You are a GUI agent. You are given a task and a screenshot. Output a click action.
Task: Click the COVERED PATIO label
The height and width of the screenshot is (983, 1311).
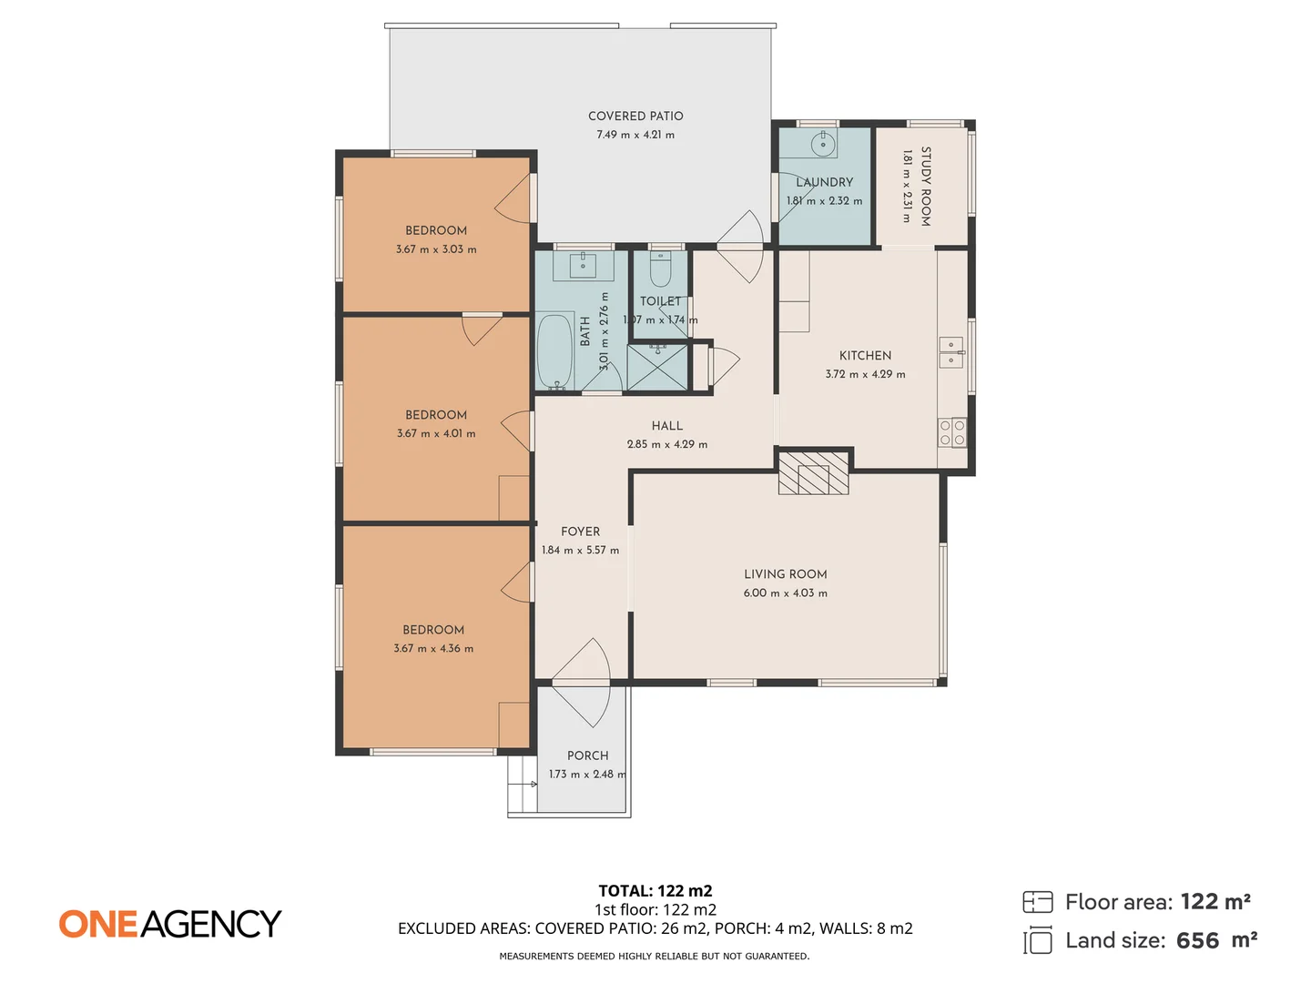coord(635,116)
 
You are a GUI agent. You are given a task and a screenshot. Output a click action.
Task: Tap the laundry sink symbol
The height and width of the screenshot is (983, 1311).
coord(823,143)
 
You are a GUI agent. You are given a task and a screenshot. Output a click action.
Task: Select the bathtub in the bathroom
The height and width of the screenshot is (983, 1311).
coord(554,351)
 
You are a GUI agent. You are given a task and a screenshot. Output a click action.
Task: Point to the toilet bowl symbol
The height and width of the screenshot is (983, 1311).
coord(660,269)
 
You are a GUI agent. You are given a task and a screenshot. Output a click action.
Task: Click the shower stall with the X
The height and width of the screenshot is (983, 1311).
coord(657,367)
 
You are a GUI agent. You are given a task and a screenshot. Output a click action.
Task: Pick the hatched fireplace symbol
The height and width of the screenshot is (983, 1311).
coord(813,472)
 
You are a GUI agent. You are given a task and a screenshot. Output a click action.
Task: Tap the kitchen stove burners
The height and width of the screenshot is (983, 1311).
coord(952,432)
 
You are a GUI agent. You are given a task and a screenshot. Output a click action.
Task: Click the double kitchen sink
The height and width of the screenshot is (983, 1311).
coord(950,352)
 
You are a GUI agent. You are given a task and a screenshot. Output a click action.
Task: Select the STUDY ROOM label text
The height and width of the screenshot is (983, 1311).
coord(926,187)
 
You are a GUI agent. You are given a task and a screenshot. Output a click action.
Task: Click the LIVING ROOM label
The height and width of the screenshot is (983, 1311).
coord(786,574)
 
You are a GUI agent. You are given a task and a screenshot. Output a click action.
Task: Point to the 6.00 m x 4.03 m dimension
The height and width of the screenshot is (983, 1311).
coord(786,593)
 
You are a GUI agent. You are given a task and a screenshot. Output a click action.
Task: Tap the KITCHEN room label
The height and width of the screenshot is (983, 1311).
coord(866,356)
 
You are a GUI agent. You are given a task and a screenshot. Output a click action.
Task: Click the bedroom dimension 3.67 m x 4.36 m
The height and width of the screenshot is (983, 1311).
coord(433,649)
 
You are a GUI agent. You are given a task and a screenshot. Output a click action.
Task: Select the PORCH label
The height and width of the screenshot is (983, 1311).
coord(588,755)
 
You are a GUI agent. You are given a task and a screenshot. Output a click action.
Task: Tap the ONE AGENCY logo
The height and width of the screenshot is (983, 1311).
coord(170,924)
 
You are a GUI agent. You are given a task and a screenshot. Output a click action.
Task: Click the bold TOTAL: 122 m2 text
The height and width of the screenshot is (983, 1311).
coord(655,891)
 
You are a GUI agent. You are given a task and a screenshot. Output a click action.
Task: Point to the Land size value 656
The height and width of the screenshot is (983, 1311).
coord(1197,941)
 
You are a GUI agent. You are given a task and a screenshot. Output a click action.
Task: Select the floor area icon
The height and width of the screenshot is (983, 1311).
coord(1038,902)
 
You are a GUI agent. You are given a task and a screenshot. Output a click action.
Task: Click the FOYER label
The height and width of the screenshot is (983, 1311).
coord(581,532)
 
